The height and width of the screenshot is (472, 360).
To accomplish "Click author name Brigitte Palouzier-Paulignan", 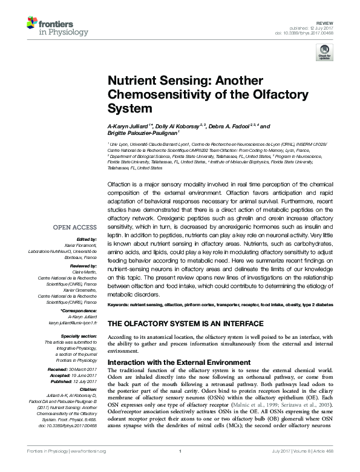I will click(x=142, y=134).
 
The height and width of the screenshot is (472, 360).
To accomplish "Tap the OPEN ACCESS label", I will click(x=74, y=228).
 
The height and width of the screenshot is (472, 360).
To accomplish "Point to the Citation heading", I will click(x=87, y=390).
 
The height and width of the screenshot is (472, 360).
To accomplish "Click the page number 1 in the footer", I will click(x=180, y=467).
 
